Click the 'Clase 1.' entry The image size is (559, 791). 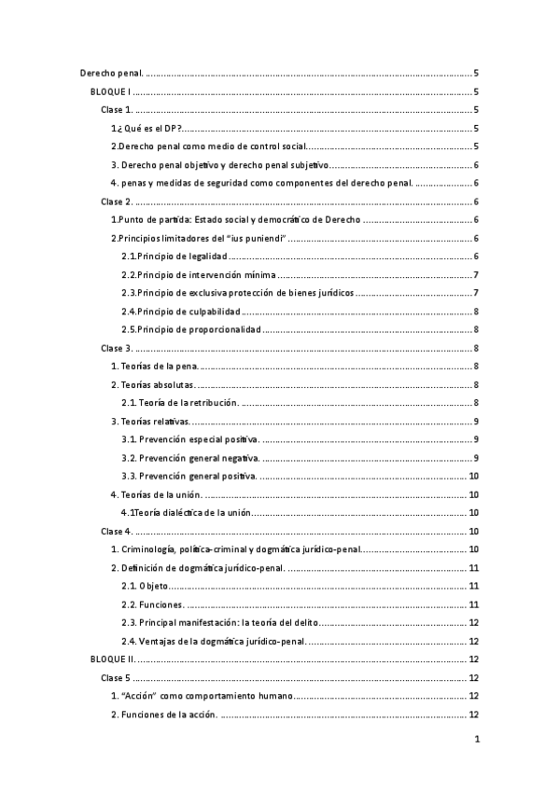click(118, 110)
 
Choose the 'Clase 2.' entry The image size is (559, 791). click(118, 201)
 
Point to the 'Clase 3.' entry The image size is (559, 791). click(118, 348)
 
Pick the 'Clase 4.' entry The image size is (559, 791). click(118, 531)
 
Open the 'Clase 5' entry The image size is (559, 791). click(117, 677)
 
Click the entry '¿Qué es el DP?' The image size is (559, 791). click(147, 128)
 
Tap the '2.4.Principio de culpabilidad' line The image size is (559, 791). click(181, 312)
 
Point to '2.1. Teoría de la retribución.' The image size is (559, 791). click(181, 403)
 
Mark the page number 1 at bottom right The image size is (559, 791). click(476, 740)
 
